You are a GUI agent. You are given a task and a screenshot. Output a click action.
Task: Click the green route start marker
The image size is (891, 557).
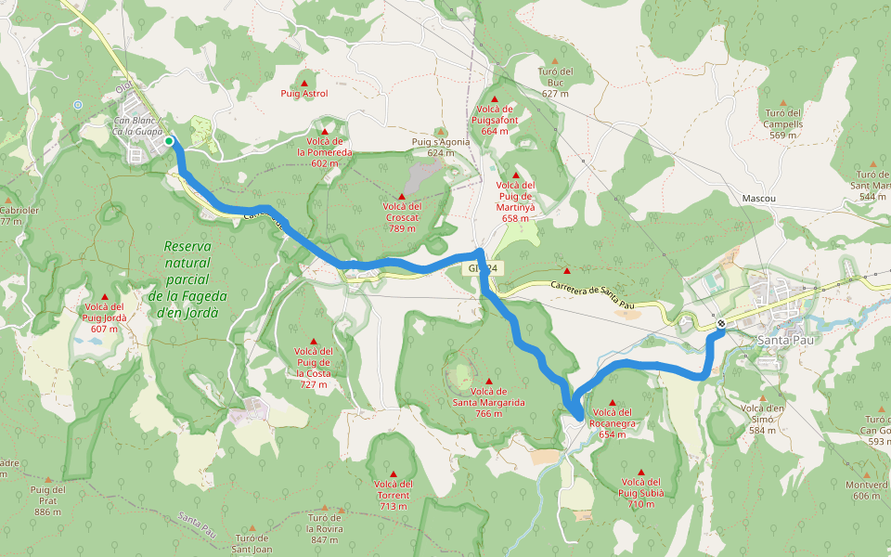[x=170, y=141]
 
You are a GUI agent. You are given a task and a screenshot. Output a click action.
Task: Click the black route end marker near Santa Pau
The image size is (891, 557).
[x=721, y=324]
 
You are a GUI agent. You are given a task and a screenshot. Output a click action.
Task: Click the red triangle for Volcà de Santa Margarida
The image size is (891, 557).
[x=489, y=382]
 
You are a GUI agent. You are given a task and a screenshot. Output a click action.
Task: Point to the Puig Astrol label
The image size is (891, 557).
[x=304, y=94]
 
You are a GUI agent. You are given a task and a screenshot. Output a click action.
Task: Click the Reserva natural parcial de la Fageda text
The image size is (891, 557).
[x=187, y=279]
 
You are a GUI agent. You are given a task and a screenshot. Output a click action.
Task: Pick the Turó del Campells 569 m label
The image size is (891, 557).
[x=782, y=123]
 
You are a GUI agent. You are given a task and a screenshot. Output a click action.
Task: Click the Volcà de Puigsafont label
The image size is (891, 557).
[x=495, y=120]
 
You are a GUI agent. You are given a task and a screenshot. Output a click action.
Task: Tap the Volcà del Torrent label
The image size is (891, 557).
[x=394, y=495]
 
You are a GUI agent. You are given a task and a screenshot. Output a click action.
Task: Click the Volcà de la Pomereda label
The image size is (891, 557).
[x=325, y=151]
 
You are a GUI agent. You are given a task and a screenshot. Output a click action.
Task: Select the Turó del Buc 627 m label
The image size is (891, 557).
[x=555, y=83]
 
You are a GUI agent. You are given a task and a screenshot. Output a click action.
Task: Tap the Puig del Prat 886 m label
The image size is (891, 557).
[x=47, y=500]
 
